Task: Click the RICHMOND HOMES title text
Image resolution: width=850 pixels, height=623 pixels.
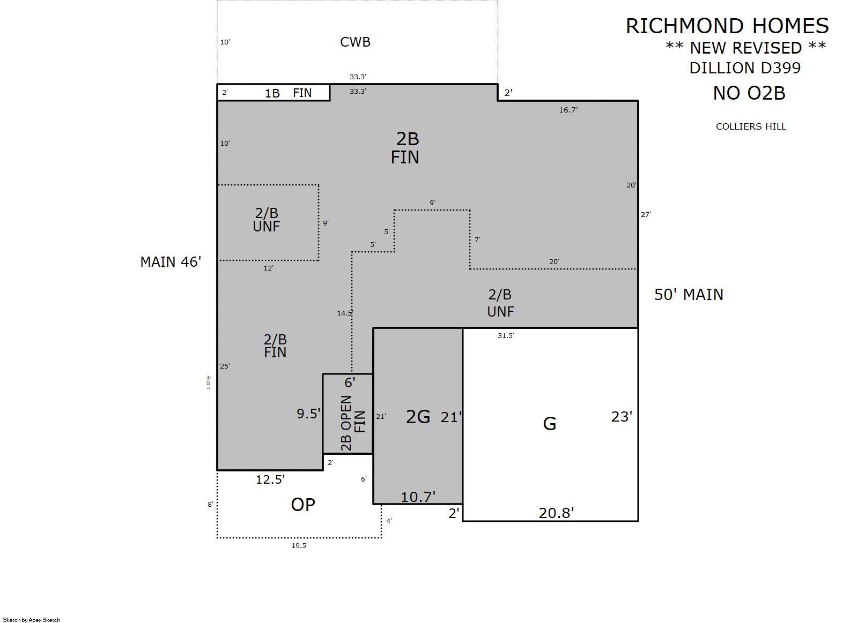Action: click(727, 26)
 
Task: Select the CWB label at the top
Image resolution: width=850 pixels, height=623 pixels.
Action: click(355, 42)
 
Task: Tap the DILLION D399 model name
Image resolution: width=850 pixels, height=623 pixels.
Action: click(745, 68)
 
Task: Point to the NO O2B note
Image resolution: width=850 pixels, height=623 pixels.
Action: click(749, 93)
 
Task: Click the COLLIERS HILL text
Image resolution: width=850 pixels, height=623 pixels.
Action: click(751, 126)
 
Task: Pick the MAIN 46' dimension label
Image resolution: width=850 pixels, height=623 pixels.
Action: click(171, 262)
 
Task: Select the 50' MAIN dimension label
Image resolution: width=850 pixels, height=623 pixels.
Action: click(689, 295)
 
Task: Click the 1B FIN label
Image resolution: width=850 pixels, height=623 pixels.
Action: click(288, 93)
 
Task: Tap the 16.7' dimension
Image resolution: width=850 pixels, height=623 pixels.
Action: click(568, 110)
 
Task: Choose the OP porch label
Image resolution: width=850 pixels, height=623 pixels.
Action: click(303, 505)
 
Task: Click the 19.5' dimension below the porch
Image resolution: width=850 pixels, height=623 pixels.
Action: click(299, 546)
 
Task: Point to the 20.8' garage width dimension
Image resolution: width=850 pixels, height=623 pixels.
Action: click(556, 513)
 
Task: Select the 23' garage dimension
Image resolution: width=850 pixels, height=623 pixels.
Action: click(622, 417)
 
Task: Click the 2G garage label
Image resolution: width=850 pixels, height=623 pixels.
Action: click(418, 417)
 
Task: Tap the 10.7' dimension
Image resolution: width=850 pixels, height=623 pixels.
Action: click(418, 497)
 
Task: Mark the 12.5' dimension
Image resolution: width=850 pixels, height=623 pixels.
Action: click(270, 480)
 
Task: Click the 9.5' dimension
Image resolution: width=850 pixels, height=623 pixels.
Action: click(308, 414)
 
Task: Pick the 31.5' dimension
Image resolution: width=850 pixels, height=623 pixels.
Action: click(506, 336)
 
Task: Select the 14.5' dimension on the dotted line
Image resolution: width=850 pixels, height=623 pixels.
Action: click(345, 313)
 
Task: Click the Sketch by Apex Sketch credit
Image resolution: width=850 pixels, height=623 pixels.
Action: click(32, 620)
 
